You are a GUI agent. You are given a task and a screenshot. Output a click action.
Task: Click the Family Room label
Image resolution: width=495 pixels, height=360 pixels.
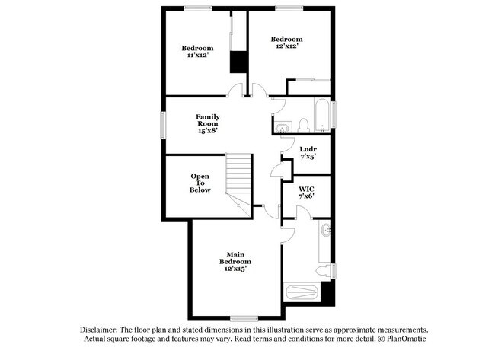(x=207, y=124)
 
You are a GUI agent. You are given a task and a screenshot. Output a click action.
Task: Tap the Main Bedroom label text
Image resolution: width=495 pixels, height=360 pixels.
(x=235, y=261)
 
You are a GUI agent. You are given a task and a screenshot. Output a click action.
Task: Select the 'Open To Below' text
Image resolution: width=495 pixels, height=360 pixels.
(x=200, y=183)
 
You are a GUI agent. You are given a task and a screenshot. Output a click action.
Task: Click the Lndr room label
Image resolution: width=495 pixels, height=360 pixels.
(x=308, y=152)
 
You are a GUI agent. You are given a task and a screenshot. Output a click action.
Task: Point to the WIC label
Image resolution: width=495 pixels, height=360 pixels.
(x=306, y=192)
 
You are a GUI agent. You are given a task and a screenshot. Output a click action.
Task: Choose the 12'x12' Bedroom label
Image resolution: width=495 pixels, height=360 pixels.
(x=287, y=43)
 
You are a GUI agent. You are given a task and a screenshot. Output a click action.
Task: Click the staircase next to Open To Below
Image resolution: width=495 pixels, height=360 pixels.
(x=238, y=181)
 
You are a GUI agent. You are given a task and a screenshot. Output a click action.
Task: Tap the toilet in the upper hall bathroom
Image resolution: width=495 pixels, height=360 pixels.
(x=302, y=124)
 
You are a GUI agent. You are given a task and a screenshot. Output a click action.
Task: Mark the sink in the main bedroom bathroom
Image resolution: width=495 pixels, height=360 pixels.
(x=325, y=231)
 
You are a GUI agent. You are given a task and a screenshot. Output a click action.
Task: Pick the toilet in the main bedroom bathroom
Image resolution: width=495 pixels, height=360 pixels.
(x=324, y=269)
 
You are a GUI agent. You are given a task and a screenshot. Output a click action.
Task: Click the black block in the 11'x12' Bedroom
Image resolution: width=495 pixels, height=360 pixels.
(x=239, y=62)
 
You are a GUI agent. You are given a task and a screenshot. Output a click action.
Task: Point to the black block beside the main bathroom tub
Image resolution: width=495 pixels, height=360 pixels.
(x=327, y=292)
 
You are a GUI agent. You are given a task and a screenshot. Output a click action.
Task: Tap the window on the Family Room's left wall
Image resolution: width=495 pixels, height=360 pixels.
(x=161, y=124)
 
